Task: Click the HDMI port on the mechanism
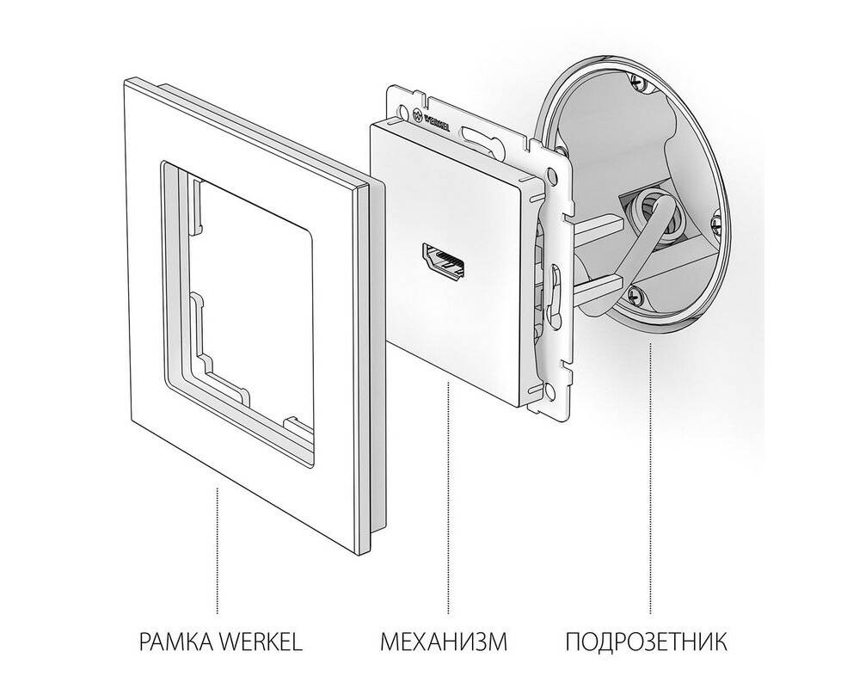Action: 443,262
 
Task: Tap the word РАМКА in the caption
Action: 176,642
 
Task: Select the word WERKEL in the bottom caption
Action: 261,642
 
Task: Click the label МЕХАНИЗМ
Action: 444,642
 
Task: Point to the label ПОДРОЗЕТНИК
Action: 646,642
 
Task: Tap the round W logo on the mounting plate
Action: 419,114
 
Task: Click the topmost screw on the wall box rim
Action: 637,82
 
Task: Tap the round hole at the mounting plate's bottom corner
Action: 547,390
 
